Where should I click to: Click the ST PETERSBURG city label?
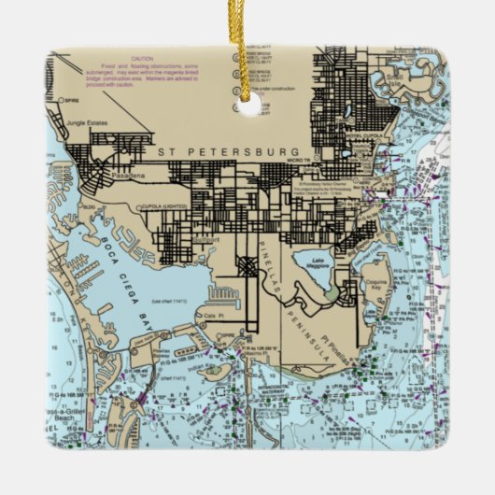(229, 151)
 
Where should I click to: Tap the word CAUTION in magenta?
(143, 58)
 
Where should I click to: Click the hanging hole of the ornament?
(248, 106)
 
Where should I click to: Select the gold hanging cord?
(246, 42)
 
